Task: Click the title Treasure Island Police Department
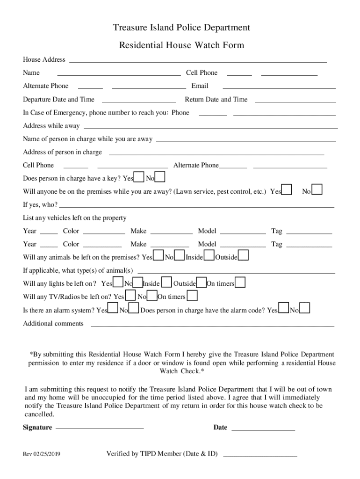(181, 28)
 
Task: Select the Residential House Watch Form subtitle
(181, 45)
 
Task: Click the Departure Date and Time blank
(139, 100)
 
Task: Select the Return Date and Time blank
(295, 100)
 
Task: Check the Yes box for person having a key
(139, 177)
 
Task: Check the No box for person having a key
(160, 177)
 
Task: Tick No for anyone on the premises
(317, 189)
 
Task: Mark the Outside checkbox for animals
(244, 255)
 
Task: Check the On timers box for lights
(240, 283)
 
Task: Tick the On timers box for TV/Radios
(192, 296)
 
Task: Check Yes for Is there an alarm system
(113, 309)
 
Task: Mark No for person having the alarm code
(305, 308)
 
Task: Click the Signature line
(100, 428)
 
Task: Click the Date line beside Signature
(263, 428)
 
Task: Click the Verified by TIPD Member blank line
(260, 455)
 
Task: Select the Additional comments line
(212, 325)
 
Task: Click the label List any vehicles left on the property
(75, 218)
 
